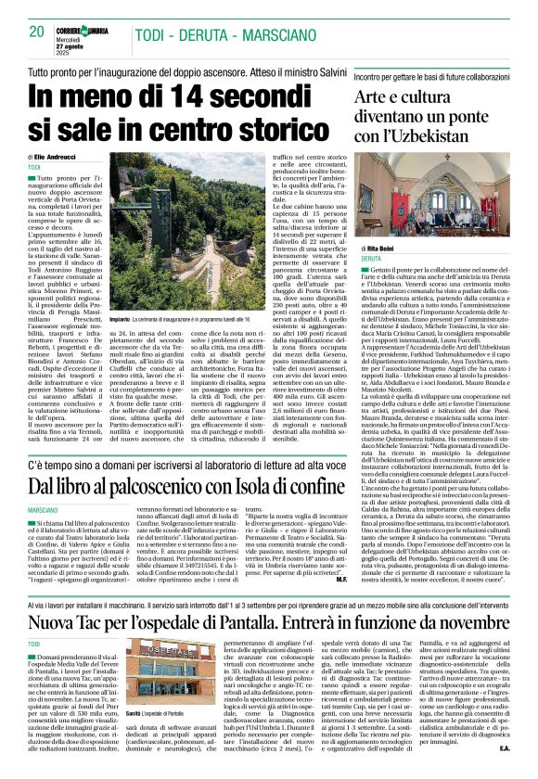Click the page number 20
click(36, 31)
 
